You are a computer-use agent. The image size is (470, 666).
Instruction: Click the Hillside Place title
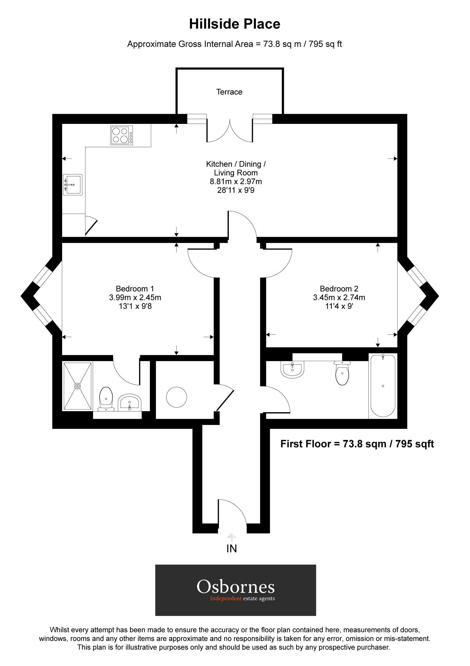tap(234, 24)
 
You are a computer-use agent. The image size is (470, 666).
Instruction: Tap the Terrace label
tap(229, 92)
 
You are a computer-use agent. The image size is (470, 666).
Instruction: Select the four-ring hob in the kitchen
tap(122, 135)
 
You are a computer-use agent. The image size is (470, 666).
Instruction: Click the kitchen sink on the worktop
tap(72, 185)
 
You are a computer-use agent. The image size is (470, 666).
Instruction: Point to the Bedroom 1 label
tap(135, 288)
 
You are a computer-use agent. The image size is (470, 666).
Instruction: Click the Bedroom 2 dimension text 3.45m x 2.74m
tap(339, 297)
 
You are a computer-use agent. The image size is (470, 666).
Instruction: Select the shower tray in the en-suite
tap(77, 386)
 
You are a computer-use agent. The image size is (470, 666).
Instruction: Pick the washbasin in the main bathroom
tap(292, 370)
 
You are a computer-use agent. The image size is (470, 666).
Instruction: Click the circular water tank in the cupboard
tap(176, 397)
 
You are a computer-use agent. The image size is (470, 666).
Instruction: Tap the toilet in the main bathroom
tap(342, 374)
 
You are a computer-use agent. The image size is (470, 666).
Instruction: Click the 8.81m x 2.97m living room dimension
tap(236, 182)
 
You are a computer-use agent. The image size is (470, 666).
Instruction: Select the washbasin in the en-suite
tap(130, 402)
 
